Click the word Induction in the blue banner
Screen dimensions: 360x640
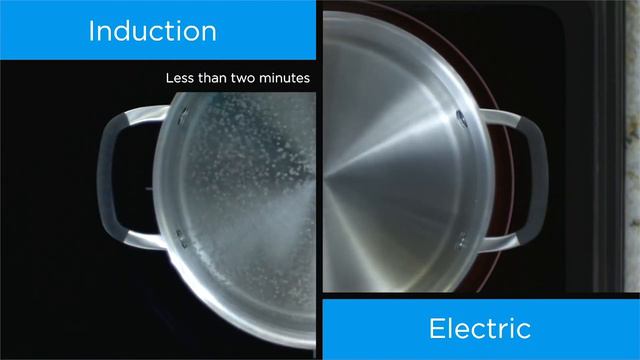click(152, 30)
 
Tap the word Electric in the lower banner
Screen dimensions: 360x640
click(479, 328)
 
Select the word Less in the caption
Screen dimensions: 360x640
click(183, 77)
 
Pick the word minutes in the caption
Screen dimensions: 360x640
click(289, 77)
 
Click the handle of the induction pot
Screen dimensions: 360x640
click(112, 180)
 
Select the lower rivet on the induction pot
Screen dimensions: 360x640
click(181, 236)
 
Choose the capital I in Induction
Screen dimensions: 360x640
click(92, 30)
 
